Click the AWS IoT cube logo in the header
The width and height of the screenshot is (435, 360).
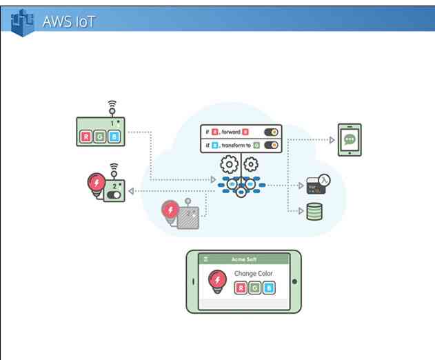[x=23, y=21]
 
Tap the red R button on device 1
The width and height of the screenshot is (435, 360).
[x=86, y=136]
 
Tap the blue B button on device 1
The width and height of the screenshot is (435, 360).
[x=114, y=136]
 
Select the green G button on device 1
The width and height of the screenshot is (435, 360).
[x=100, y=136]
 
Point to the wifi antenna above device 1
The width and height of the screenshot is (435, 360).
[x=112, y=107]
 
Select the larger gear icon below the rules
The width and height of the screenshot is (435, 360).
[x=229, y=165]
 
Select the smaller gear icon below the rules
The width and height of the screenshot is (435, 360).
[x=251, y=164]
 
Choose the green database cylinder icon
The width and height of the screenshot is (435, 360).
[x=314, y=212]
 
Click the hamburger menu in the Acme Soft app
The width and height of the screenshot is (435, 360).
[x=205, y=259]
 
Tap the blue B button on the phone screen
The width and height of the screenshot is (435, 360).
[x=268, y=288]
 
